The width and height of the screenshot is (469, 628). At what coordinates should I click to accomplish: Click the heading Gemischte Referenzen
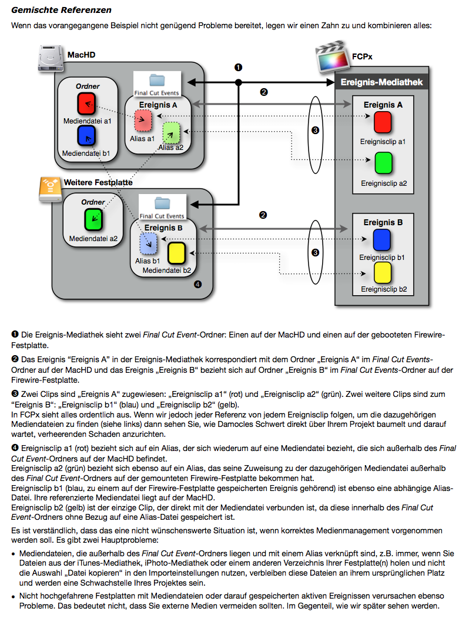(61, 11)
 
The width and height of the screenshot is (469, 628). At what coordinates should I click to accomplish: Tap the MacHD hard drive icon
(52, 58)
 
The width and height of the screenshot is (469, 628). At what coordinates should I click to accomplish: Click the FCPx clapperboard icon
(331, 56)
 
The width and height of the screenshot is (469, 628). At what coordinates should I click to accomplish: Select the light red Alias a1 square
(143, 121)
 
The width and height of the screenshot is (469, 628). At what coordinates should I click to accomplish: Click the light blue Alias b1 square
(148, 243)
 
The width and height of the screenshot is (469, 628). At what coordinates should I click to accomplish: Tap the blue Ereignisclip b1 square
(382, 240)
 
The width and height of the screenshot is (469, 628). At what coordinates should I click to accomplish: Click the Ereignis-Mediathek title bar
(381, 82)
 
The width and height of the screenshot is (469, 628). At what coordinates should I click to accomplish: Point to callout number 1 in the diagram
(239, 68)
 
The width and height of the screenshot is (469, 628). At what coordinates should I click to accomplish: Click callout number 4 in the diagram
(197, 285)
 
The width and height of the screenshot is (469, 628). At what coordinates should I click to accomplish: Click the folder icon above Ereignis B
(162, 203)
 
